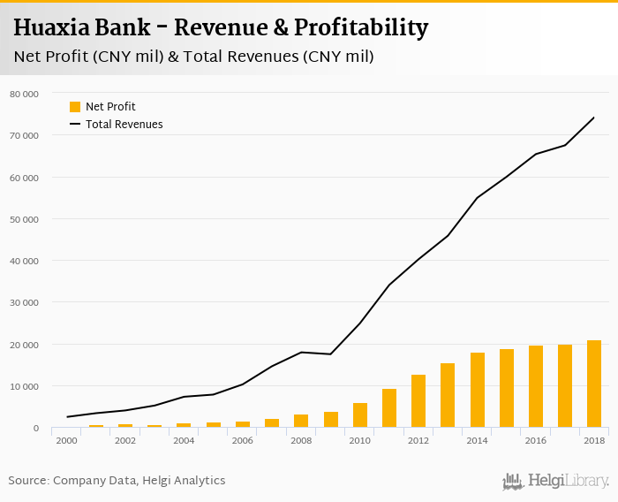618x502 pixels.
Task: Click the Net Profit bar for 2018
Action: pyautogui.click(x=594, y=384)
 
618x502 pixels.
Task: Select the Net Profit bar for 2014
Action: pyautogui.click(x=477, y=391)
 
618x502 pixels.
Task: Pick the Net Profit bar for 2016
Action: pyautogui.click(x=536, y=387)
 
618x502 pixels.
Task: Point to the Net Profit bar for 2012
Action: pyautogui.click(x=418, y=401)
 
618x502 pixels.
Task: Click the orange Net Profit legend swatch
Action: pyautogui.click(x=75, y=107)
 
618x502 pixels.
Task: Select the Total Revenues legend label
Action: pyautogui.click(x=124, y=125)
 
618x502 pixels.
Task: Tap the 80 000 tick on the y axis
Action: pyautogui.click(x=24, y=94)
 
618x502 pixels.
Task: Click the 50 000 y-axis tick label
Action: pyautogui.click(x=24, y=219)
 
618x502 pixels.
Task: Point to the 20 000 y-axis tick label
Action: pyautogui.click(x=24, y=345)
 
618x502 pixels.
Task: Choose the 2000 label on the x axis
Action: pyautogui.click(x=66, y=440)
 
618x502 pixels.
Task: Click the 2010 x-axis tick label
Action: pyautogui.click(x=359, y=440)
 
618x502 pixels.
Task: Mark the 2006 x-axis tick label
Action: pyautogui.click(x=242, y=440)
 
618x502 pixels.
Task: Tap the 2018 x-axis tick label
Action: pyautogui.click(x=594, y=440)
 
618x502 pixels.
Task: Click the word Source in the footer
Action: pyautogui.click(x=28, y=481)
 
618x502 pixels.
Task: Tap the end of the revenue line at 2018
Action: pyautogui.click(x=594, y=118)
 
